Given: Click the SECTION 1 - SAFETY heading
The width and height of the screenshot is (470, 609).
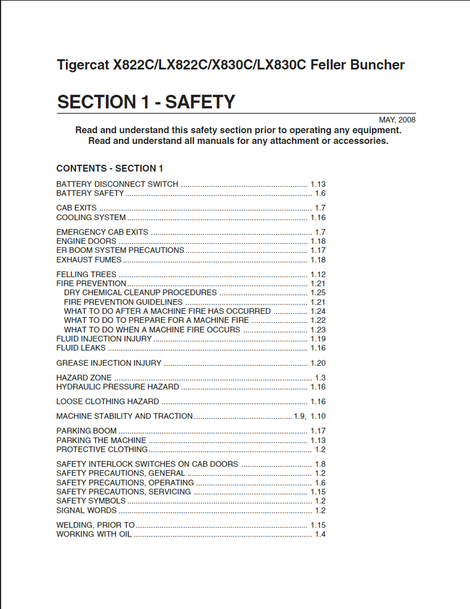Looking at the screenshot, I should [146, 102].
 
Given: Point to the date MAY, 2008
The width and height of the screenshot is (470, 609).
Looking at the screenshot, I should [397, 120].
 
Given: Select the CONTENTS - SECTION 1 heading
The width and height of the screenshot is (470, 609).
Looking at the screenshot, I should [110, 168].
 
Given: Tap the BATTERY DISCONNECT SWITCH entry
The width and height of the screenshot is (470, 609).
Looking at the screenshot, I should [117, 184].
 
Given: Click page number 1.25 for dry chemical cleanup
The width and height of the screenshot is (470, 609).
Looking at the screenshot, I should [318, 293].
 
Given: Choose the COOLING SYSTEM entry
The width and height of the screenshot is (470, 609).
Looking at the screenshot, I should [91, 218].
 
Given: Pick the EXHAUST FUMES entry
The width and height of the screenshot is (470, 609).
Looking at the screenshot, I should [89, 260].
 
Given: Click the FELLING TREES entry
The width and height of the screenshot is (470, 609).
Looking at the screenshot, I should [86, 275].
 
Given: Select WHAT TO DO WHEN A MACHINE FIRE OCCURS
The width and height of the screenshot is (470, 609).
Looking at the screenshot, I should [152, 329].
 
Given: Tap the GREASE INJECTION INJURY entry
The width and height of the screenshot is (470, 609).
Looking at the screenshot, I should [109, 363].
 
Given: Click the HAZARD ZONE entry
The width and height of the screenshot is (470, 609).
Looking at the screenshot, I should [84, 378].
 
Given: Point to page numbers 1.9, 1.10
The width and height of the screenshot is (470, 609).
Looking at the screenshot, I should [310, 416].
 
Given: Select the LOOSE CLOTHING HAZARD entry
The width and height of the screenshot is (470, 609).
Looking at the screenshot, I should [108, 401].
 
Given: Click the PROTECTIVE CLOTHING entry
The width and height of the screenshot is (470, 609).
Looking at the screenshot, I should [102, 450].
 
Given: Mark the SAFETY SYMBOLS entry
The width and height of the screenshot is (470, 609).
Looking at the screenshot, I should [91, 501].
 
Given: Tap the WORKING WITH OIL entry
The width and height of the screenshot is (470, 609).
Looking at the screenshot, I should [94, 534].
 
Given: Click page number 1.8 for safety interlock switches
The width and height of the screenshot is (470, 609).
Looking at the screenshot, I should [320, 464].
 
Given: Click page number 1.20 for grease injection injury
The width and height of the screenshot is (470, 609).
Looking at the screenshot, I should [318, 363].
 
